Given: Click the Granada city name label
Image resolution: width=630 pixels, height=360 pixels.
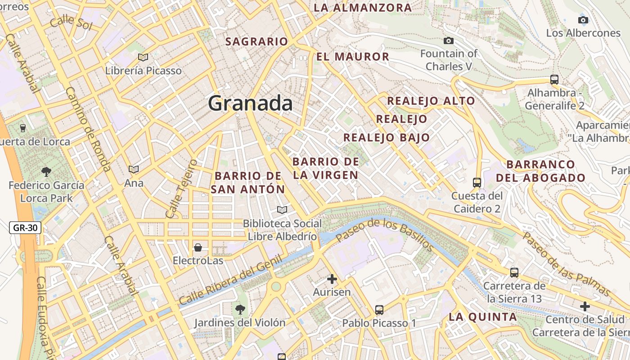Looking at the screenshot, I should [x=250, y=103].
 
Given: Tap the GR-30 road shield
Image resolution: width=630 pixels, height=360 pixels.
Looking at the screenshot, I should [x=25, y=228].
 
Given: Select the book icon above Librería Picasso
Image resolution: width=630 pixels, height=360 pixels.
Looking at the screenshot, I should [x=143, y=58].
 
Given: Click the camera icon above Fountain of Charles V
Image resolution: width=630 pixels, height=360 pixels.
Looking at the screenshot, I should [x=449, y=41].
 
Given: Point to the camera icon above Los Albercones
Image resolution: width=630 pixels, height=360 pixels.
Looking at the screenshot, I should [x=583, y=20].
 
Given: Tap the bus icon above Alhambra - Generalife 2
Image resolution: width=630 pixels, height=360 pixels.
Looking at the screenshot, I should [x=554, y=80].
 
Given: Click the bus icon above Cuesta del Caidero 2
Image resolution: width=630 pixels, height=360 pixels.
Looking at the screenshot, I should [x=477, y=183].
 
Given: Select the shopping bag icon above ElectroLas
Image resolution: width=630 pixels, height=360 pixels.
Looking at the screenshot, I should [x=198, y=247].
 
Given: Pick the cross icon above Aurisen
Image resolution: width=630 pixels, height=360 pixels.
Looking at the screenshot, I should [x=332, y=279].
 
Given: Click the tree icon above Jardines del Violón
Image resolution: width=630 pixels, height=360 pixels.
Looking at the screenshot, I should [x=240, y=309].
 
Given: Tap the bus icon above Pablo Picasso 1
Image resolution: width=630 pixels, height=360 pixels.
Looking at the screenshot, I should [x=379, y=310].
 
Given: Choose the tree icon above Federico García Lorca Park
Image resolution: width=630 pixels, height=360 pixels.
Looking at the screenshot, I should [x=46, y=171].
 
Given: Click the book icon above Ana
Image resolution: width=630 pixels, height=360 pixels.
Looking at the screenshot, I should [x=133, y=170].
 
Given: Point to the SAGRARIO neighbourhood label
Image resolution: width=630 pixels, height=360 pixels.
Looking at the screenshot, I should [x=256, y=41].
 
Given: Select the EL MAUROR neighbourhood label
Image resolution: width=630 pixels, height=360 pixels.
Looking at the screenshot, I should [x=352, y=56].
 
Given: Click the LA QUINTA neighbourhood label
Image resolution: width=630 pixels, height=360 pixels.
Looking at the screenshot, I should [x=483, y=317].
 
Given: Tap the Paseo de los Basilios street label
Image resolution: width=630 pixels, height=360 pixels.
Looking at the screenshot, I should [x=385, y=234].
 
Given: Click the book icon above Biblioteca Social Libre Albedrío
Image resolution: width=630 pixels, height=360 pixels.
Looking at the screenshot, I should [x=282, y=210].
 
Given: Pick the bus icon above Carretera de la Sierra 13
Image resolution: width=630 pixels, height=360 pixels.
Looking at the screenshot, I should [x=514, y=273].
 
